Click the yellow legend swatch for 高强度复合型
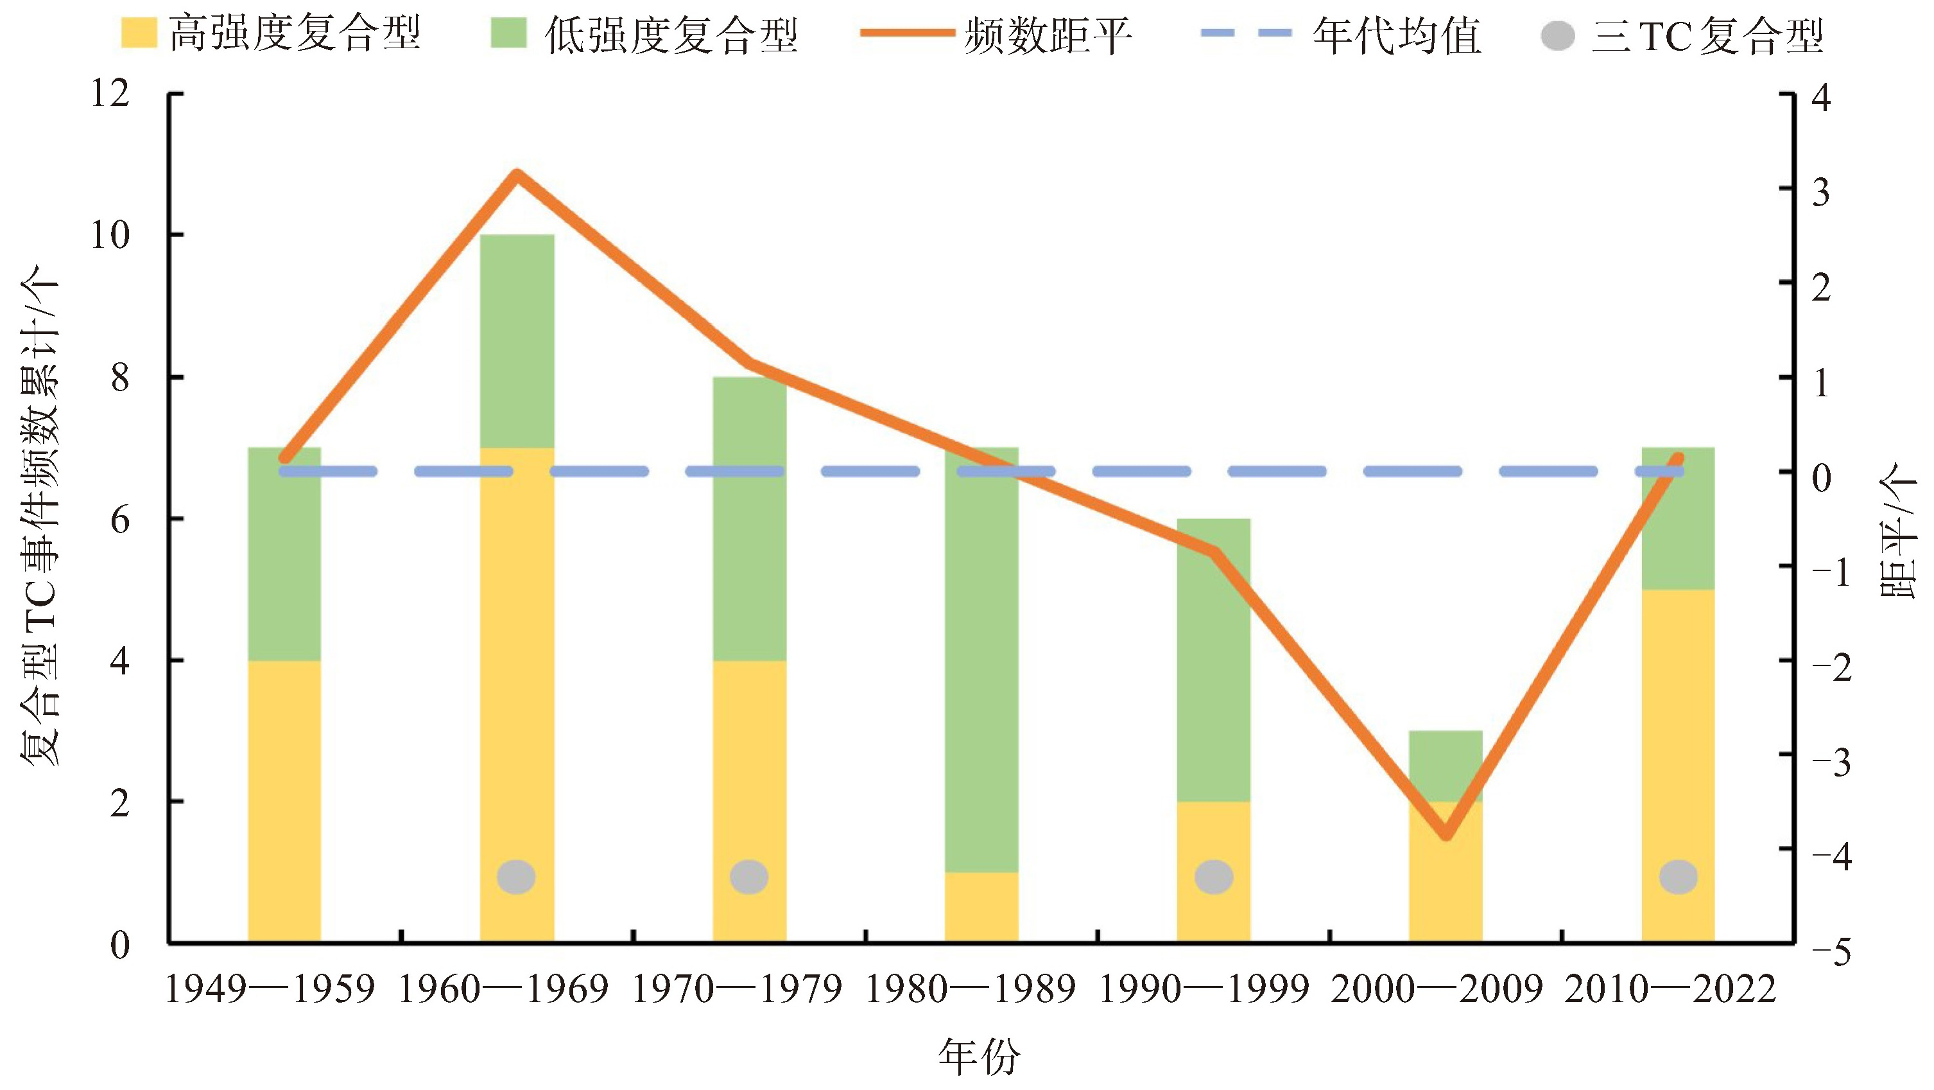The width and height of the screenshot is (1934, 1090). tap(139, 34)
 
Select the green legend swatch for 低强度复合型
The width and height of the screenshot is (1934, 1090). tap(508, 34)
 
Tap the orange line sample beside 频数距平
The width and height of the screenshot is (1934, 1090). tap(907, 34)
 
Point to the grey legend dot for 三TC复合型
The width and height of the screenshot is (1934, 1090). tap(1557, 35)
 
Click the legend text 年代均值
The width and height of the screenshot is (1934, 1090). tap(1397, 35)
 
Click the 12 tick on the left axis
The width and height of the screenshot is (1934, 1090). tap(110, 94)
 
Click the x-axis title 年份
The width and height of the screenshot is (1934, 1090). tap(978, 1056)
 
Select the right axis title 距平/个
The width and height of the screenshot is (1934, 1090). tap(1897, 530)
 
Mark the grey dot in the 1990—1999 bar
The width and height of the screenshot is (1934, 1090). tap(1213, 877)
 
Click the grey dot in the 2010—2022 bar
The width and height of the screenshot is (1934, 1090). tap(1678, 877)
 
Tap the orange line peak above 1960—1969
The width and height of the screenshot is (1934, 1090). tap(517, 175)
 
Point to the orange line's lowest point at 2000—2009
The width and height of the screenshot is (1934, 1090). tap(1446, 836)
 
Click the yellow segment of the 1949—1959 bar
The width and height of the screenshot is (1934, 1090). tap(284, 800)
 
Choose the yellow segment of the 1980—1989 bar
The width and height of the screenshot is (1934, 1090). tap(981, 907)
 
